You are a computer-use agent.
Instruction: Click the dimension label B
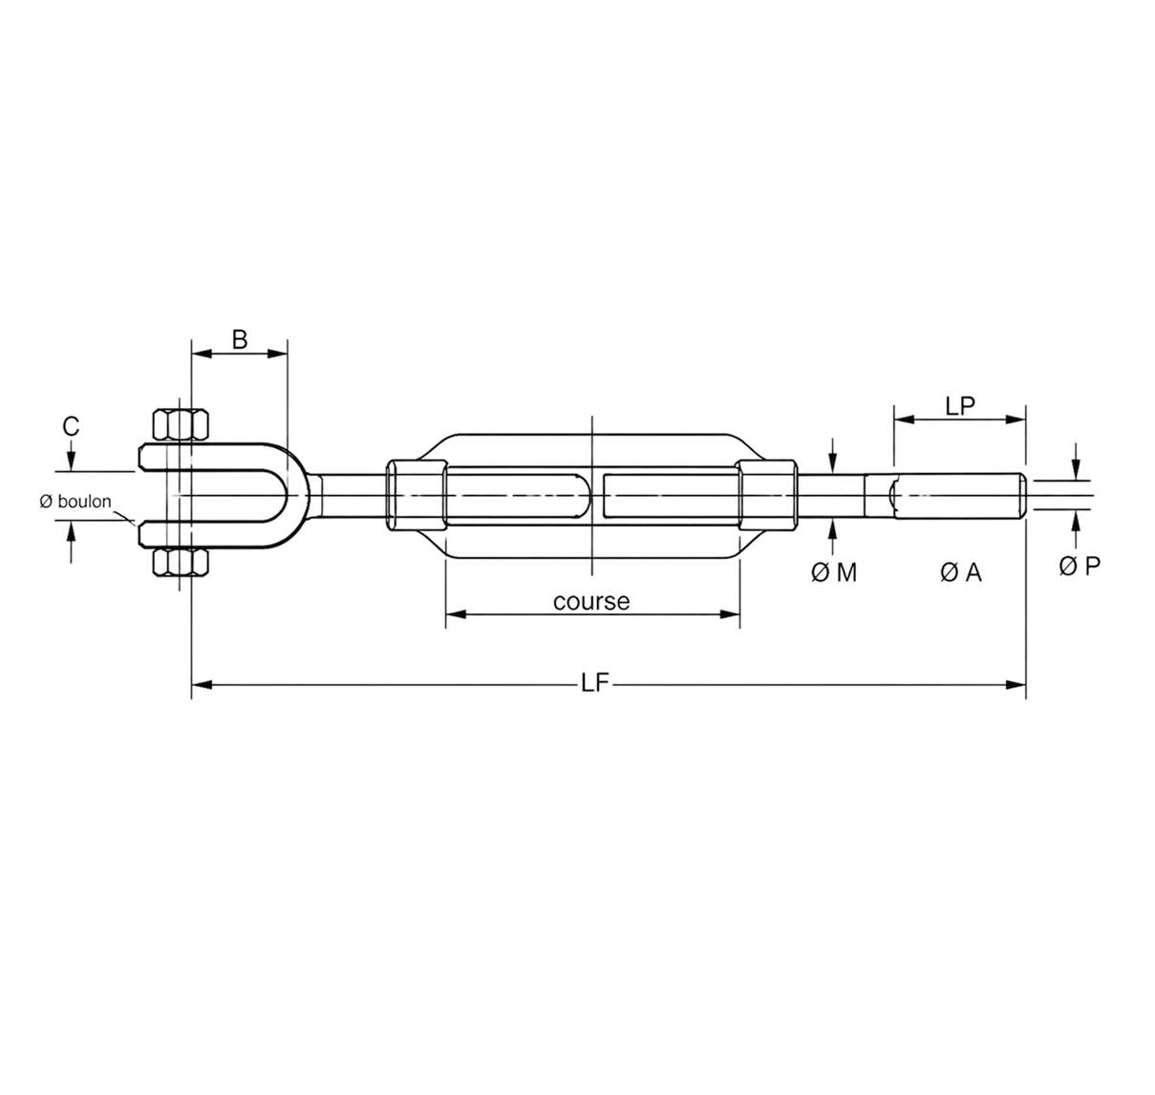click(239, 340)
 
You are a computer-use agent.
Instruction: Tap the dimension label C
click(71, 426)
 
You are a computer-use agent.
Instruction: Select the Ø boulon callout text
click(75, 502)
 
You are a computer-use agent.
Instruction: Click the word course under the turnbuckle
click(591, 601)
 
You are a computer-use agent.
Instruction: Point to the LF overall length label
click(594, 683)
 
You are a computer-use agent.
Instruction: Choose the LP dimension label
click(960, 405)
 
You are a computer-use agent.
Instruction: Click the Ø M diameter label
click(834, 572)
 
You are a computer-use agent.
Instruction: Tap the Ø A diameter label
click(960, 572)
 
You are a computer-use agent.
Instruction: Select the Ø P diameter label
click(1080, 566)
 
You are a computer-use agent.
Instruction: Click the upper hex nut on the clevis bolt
click(181, 424)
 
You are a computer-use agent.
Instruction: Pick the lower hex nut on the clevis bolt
click(181, 563)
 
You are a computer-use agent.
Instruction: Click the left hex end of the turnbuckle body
click(416, 496)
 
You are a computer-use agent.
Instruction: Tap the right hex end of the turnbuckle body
click(768, 496)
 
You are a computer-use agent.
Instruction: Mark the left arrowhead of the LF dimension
click(201, 685)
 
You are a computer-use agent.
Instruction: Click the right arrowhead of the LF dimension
click(1016, 685)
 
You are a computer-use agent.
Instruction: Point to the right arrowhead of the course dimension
click(730, 614)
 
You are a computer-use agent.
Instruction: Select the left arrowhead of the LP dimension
click(904, 419)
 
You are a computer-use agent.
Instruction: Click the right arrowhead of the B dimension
click(277, 354)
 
